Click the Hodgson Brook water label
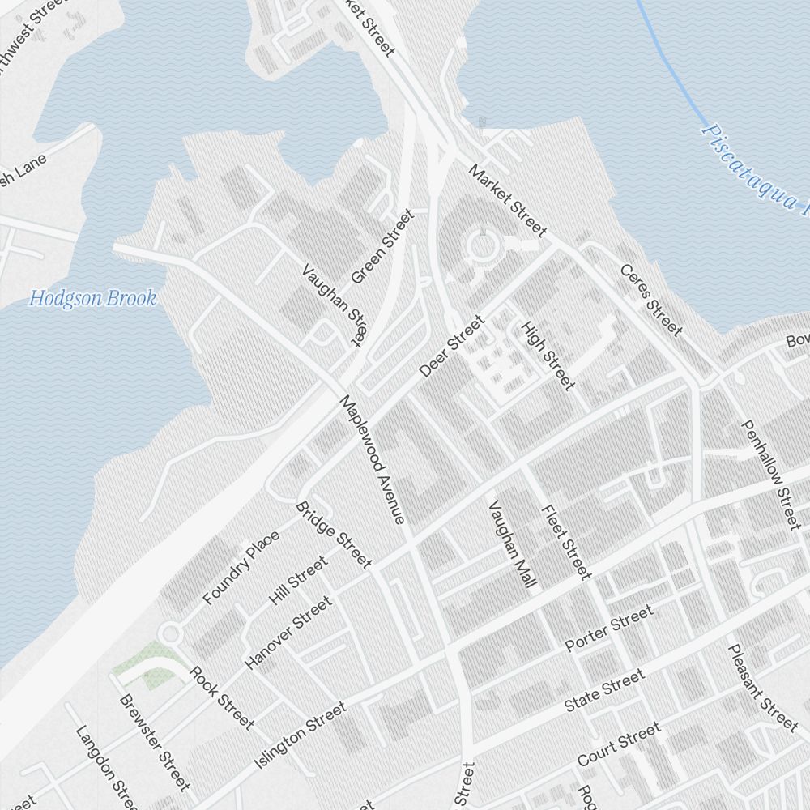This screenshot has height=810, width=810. click(92, 298)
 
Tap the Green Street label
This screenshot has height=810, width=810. click(383, 246)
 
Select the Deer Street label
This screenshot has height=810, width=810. click(451, 347)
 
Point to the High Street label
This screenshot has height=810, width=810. click(548, 355)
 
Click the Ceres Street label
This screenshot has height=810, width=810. click(650, 300)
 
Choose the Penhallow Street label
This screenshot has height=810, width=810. click(771, 475)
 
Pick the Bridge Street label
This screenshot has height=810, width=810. click(334, 535)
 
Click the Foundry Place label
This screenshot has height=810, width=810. click(241, 568)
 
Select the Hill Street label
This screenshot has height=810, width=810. click(298, 581)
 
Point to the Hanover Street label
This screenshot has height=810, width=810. click(288, 633)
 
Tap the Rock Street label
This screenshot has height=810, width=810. click(221, 697)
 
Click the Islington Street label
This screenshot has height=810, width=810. click(301, 735)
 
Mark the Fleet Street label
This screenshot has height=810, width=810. click(566, 542)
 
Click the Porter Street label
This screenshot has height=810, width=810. click(608, 629)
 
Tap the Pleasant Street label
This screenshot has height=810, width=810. click(762, 685)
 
